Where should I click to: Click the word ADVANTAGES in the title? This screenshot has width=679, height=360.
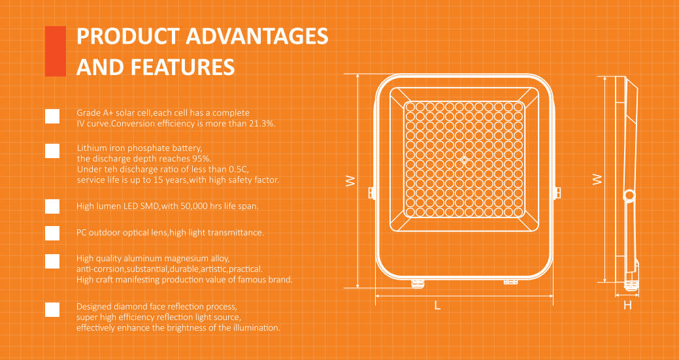point(257,36)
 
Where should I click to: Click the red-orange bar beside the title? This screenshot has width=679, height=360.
point(56,51)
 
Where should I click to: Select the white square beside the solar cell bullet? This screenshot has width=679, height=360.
point(52,116)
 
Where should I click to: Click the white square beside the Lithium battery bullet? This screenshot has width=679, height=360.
point(52,150)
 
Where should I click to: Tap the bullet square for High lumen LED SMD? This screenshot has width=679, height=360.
point(52,206)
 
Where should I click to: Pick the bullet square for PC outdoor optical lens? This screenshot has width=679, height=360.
point(52,233)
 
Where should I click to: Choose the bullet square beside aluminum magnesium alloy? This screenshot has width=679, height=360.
point(52,261)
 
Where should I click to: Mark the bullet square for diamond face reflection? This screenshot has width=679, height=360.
point(52,310)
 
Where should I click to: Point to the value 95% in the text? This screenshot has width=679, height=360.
point(202,158)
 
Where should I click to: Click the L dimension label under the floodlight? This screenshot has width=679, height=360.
point(438,306)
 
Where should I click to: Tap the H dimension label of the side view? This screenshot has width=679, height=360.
point(627,306)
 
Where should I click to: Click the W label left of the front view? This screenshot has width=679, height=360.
point(351,181)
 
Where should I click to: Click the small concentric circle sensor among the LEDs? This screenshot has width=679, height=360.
point(464,160)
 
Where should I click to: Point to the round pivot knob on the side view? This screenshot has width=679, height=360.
point(629,195)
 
